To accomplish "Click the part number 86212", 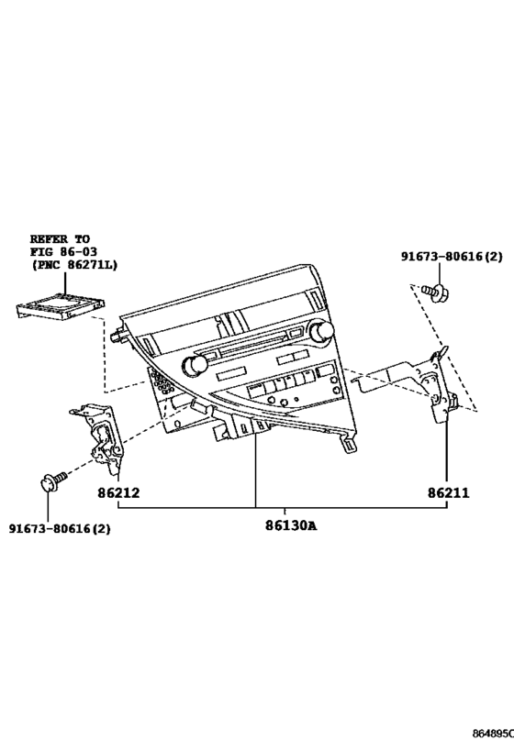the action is pos(118,492).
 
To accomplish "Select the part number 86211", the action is pos(449,492).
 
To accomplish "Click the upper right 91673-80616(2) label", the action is pos(452,257).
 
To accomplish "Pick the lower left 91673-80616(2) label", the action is pos(60,528).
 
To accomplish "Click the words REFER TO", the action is pos(60,238).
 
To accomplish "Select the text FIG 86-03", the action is pos(63,251).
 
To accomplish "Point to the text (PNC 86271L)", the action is pos(73,264).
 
